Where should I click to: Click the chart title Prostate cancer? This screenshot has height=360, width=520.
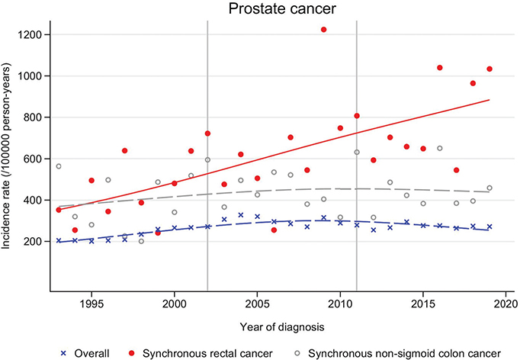click(282, 8)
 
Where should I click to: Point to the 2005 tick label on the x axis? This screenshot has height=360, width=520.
click(257, 304)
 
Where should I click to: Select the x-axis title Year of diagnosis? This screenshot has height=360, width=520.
click(282, 327)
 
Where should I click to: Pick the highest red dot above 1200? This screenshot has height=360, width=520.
click(324, 30)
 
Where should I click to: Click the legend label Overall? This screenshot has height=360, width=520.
click(91, 354)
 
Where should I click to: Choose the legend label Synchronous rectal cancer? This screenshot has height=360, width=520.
click(207, 354)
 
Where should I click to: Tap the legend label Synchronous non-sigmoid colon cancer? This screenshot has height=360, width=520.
click(405, 354)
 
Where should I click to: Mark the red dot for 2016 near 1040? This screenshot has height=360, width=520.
click(440, 68)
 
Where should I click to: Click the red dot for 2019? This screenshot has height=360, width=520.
click(490, 69)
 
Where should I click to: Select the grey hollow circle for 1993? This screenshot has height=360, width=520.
click(59, 166)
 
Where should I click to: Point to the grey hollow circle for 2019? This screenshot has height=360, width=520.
click(490, 188)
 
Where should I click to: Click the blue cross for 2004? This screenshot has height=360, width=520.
click(241, 215)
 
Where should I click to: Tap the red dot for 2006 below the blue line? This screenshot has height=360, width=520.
click(274, 230)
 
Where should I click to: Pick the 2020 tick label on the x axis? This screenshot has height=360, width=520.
click(506, 304)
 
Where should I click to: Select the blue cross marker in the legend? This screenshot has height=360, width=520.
click(64, 354)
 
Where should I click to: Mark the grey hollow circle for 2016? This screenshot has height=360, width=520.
click(440, 148)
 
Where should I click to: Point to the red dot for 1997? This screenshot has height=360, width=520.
click(125, 151)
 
